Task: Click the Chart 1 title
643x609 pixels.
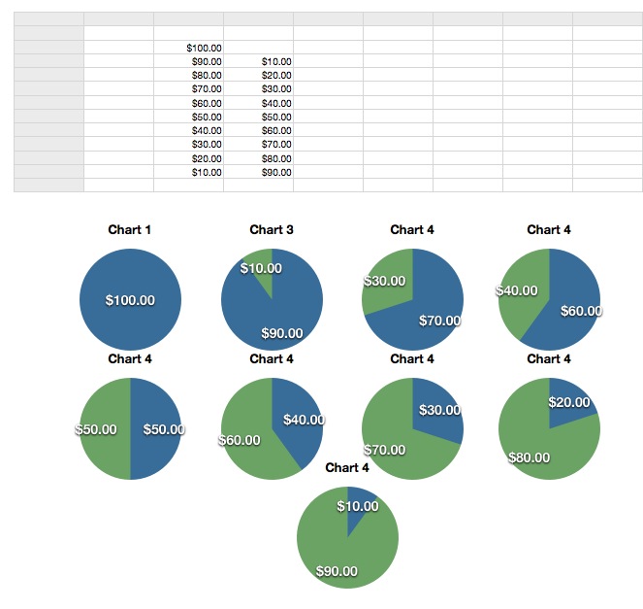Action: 130,230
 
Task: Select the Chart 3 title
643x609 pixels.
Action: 272,230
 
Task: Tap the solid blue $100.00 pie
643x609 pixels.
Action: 130,300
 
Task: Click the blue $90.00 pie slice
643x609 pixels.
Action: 276,316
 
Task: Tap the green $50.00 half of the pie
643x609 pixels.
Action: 103,428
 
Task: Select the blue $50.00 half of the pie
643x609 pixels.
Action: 156,428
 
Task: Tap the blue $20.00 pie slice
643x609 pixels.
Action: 569,400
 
